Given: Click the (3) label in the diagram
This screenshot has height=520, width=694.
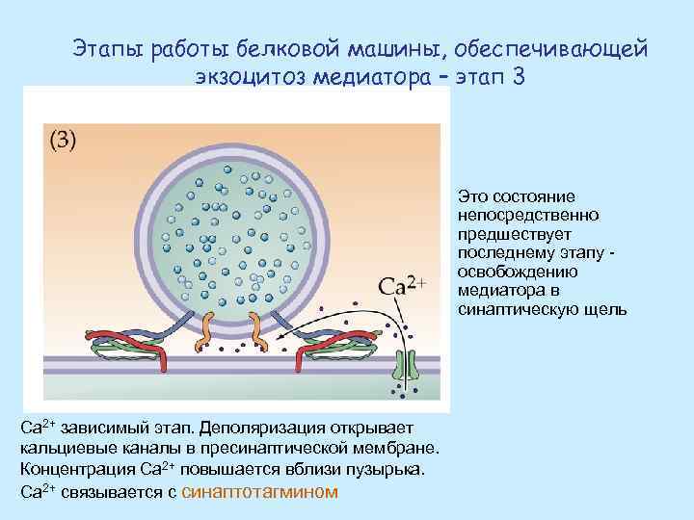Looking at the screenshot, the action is click(x=63, y=140).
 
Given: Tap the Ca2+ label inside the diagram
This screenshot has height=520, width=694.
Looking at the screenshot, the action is click(x=403, y=286).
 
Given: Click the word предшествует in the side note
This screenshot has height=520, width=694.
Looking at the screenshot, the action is click(x=501, y=234).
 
